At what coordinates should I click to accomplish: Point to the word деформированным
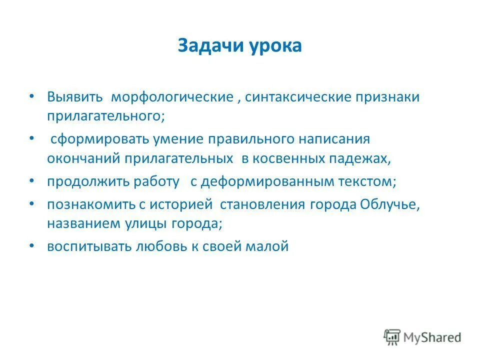tap(267, 181)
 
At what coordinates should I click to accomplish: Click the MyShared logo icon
tap(392, 337)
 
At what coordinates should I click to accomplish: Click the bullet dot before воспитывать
tap(32, 245)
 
